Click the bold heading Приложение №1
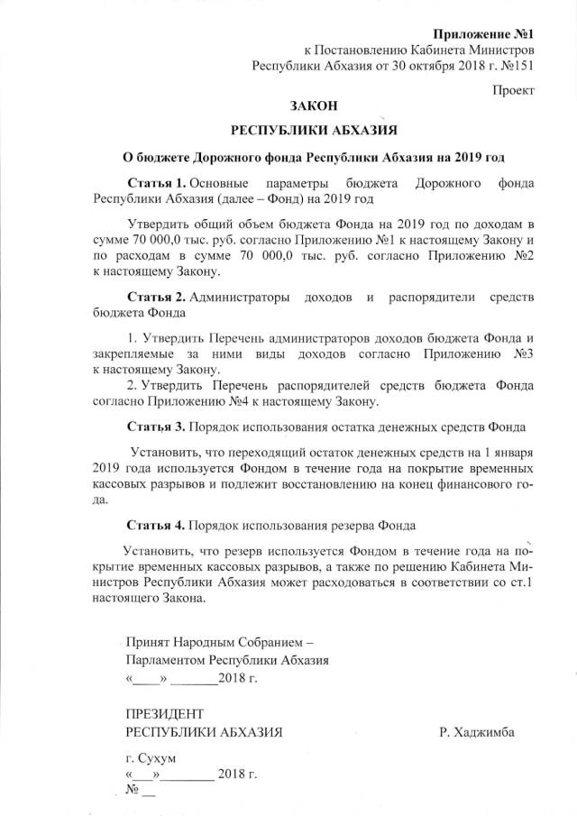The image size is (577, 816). tap(484, 33)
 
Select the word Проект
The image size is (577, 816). tap(514, 90)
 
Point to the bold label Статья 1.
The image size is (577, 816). tap(155, 183)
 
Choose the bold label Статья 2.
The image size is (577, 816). tap(155, 297)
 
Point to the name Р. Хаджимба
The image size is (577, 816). tap(477, 731)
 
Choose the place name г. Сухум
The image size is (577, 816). tap(151, 758)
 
